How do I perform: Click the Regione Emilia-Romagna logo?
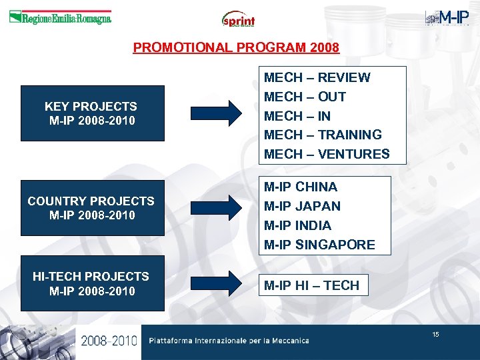[x=60, y=18]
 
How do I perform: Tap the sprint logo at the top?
[x=239, y=19]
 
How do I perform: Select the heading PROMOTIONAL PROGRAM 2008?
[x=236, y=47]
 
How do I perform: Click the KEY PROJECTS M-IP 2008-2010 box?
[x=92, y=113]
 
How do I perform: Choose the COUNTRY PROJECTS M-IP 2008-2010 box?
[x=92, y=208]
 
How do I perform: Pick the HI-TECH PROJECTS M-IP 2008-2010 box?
[x=92, y=283]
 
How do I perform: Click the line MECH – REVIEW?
[x=317, y=77]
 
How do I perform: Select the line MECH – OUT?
[x=305, y=97]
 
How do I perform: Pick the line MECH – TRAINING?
[x=323, y=135]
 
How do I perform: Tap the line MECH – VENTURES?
[x=327, y=154]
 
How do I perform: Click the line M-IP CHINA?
[x=301, y=187]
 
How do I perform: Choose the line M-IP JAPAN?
[x=302, y=206]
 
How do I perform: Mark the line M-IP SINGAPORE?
[x=319, y=245]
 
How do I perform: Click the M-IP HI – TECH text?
[x=311, y=285]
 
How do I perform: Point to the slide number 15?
[x=435, y=334]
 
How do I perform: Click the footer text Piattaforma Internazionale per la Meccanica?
[x=229, y=341]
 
